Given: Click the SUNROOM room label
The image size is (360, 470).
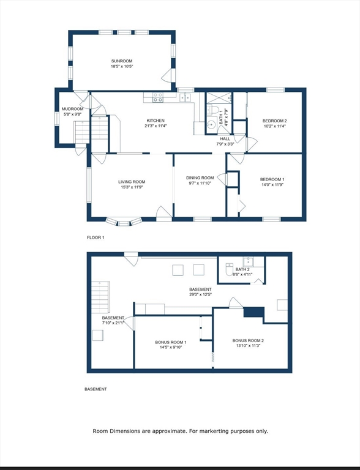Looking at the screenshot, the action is coord(122,61).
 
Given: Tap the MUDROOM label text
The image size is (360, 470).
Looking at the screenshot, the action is coord(72,109).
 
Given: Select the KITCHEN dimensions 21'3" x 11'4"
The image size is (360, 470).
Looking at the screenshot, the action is coord(156,126).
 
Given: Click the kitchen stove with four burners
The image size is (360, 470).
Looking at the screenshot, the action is coord(158,97).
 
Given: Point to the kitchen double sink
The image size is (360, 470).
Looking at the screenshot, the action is coord(186,97).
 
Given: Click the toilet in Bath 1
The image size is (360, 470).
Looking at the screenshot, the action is coord(212,110).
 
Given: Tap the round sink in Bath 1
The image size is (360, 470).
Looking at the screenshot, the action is coord(212,124).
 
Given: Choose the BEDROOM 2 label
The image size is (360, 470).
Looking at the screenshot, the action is coord(274,121).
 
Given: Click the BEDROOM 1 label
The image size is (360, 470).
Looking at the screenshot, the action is coord(272,179).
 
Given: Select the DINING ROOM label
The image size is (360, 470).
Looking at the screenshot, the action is coord(200,177).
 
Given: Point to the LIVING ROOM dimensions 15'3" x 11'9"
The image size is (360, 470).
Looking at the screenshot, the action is coord(132,187).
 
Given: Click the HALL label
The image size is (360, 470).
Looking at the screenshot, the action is coord(225,139).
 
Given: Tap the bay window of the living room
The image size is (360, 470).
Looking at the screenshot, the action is coord(123,222).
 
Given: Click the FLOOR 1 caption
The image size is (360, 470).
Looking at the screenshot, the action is coord(96,237).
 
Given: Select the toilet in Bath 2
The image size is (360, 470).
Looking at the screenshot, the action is coord(230,269).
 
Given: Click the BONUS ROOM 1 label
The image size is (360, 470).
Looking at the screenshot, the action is coord(171,342).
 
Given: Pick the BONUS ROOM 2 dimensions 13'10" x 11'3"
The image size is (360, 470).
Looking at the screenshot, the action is coord(248,346).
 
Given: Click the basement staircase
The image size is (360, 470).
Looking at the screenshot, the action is coord(100,297).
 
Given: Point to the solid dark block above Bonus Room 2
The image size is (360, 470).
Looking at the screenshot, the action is coord(254,312).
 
